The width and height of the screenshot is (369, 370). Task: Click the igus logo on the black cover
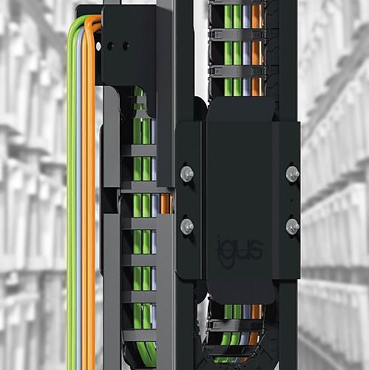240,250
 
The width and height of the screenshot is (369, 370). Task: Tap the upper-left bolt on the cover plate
187,173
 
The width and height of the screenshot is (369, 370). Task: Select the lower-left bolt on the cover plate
187,226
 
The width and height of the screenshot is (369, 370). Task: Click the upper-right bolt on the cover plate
293,173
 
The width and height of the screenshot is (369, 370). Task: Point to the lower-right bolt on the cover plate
293,226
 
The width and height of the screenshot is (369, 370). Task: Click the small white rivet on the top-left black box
98,46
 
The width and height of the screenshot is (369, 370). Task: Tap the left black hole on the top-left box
110,45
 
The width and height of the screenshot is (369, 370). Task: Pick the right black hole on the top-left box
126,45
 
